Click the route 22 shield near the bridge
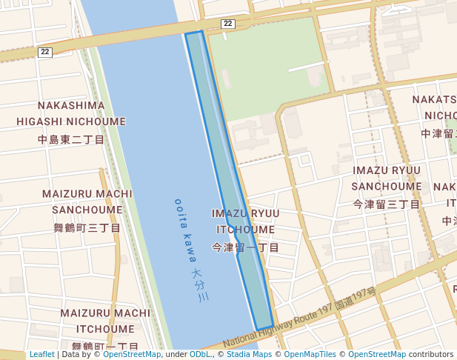227,24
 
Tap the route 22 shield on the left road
46,52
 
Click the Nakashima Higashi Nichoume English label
72,113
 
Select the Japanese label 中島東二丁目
72,139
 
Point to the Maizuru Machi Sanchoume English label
82,201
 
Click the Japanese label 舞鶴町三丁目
87,227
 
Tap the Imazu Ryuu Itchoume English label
246,221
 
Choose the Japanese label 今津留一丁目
246,247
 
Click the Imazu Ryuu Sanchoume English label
387,179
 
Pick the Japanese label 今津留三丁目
387,204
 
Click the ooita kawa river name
185,230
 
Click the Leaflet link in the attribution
42,355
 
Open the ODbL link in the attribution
200,355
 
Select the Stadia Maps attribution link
249,355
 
